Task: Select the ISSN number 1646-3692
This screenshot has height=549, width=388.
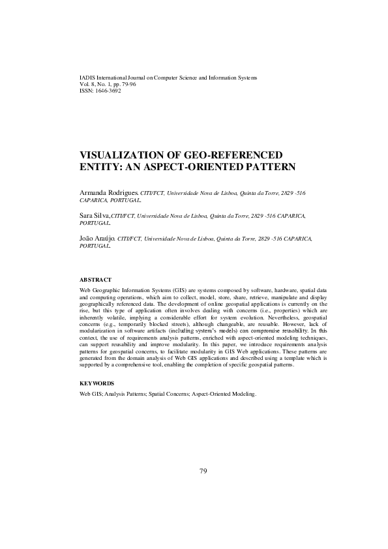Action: (108, 91)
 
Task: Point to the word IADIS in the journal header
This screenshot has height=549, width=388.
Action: (87, 78)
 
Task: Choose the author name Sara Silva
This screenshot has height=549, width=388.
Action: (94, 215)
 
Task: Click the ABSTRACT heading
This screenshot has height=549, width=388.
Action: (95, 279)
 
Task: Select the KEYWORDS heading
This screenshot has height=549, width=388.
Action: (97, 383)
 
